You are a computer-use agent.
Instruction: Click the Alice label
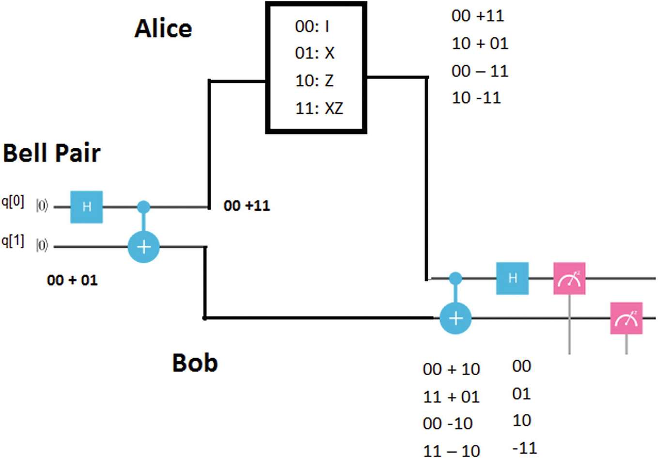pos(163,29)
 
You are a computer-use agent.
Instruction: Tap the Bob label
pos(195,363)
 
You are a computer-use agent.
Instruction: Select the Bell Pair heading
pos(51,153)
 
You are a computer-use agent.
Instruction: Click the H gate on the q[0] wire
pos(87,207)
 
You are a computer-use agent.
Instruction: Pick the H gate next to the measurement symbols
pos(512,278)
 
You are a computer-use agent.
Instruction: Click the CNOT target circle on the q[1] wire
pos(143,247)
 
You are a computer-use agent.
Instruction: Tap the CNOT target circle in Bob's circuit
pos(455,318)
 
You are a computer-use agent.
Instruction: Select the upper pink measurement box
pos(569,278)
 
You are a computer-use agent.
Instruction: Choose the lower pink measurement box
pos(626,318)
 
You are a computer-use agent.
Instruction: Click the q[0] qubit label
pos(13,202)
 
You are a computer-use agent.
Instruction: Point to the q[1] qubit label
pos(13,241)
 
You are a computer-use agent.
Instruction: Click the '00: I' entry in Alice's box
pos(312,26)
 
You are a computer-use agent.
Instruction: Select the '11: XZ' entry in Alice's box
pos(319,108)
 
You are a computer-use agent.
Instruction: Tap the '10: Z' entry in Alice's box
pos(314,80)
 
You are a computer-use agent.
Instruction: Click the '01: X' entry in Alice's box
pos(314,53)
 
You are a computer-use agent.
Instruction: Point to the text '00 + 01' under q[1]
pos(72,280)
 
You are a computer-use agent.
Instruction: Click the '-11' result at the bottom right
pos(524,448)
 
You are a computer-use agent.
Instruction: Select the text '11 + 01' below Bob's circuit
pos(451,397)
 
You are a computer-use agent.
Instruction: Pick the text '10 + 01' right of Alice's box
pos(480,44)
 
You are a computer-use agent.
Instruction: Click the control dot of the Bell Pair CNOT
pos(143,207)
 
